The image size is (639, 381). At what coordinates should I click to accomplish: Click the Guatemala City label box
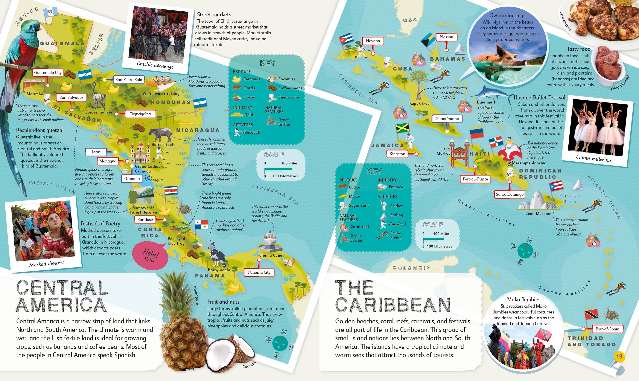48,73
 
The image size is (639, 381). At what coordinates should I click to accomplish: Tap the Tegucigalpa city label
140,114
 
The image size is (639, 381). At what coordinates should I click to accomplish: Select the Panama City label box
259,272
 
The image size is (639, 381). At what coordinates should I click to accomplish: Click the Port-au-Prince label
475,179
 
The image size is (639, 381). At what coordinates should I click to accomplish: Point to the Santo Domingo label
510,194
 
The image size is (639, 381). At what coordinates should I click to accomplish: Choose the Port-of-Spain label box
607,329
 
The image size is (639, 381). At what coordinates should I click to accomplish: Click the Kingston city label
397,154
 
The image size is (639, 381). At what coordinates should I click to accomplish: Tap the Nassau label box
446,37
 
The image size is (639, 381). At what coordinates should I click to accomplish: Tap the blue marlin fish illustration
488,94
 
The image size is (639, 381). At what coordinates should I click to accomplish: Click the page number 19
619,356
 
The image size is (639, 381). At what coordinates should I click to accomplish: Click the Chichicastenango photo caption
155,65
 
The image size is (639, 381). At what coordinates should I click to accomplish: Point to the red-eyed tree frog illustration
177,227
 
